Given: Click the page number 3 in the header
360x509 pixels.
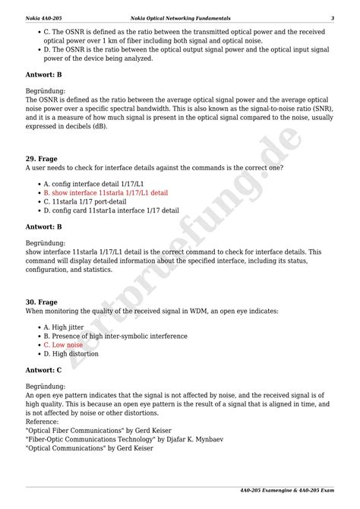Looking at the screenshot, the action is point(332,18).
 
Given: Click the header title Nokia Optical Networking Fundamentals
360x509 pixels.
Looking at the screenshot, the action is point(180,18).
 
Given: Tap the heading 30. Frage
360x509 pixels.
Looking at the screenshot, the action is point(42,302).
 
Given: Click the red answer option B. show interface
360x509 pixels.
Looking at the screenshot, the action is point(106,193).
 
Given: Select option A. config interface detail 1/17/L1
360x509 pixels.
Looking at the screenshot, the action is point(93,184).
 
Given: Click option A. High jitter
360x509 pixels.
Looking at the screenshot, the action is point(64,326).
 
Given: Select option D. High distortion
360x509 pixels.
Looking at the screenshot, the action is point(71,353).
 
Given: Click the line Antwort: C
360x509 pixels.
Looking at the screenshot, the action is point(43,370).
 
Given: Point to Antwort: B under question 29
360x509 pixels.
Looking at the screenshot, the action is point(43,226).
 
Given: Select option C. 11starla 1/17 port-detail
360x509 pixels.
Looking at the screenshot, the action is point(84,202).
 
